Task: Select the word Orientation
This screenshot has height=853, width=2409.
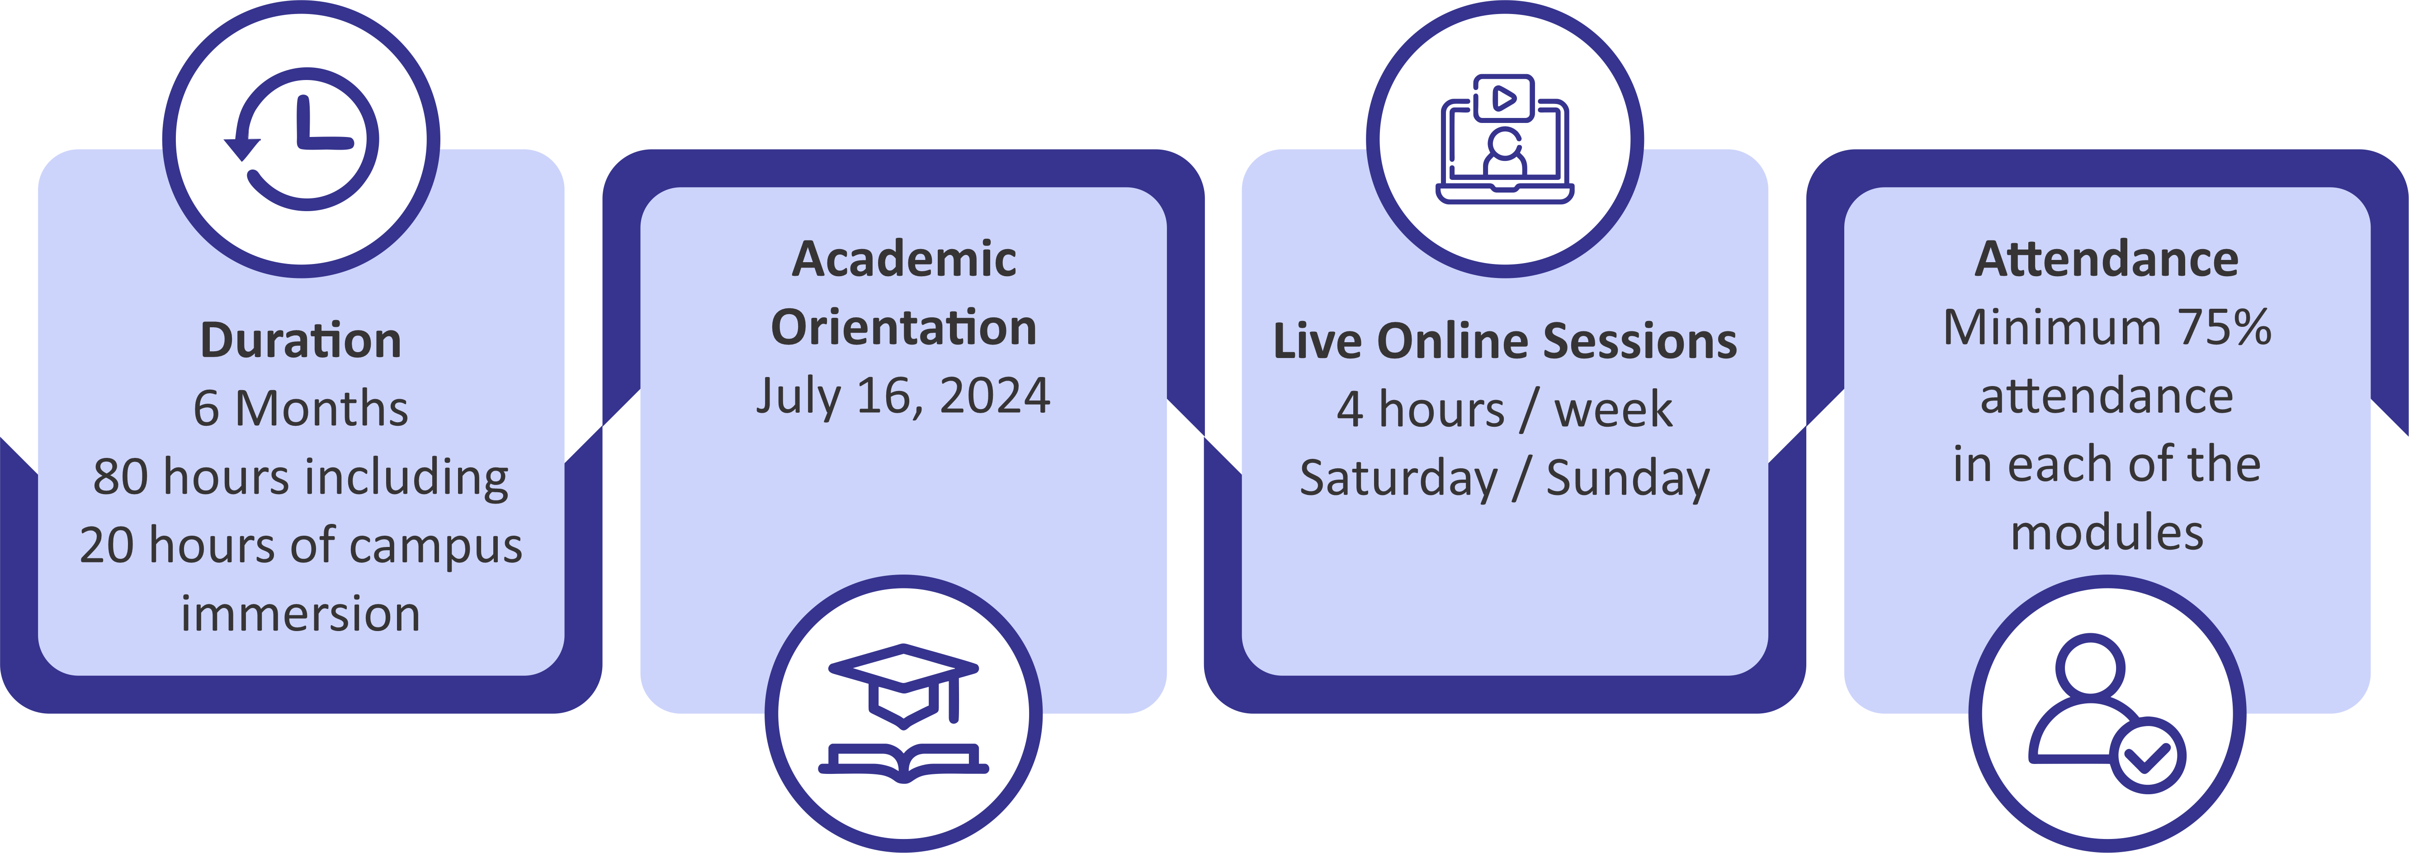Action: [x=903, y=327]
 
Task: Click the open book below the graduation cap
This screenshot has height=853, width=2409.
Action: [x=903, y=762]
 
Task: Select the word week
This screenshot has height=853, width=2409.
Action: [x=1613, y=410]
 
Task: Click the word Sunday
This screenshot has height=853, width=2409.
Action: [x=1628, y=479]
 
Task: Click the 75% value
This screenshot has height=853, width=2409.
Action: [x=2225, y=327]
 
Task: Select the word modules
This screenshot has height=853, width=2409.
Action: [x=2107, y=533]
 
